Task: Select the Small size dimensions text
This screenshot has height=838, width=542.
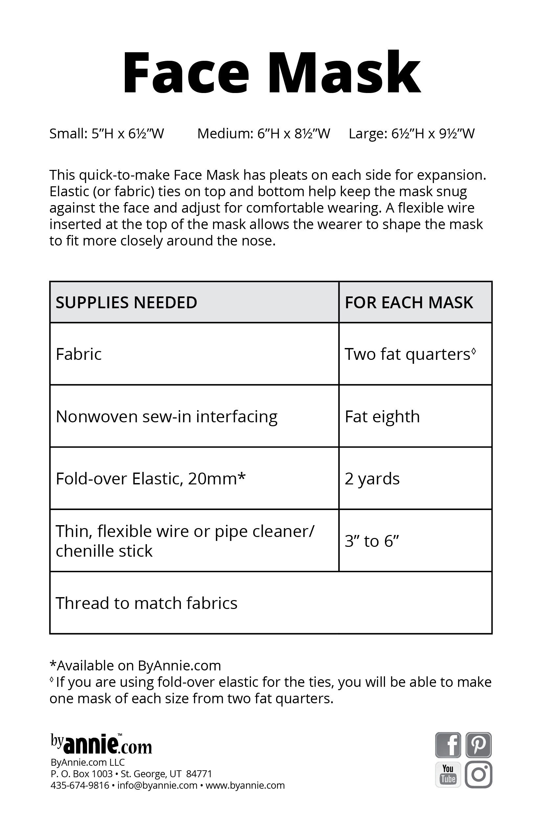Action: pos(107,134)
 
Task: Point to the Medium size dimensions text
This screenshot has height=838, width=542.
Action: pos(263,134)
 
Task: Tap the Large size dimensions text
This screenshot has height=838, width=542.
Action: pos(411,134)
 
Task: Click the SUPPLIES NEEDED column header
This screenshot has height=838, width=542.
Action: pos(126,302)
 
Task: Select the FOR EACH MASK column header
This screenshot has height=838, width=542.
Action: pos(409,302)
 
